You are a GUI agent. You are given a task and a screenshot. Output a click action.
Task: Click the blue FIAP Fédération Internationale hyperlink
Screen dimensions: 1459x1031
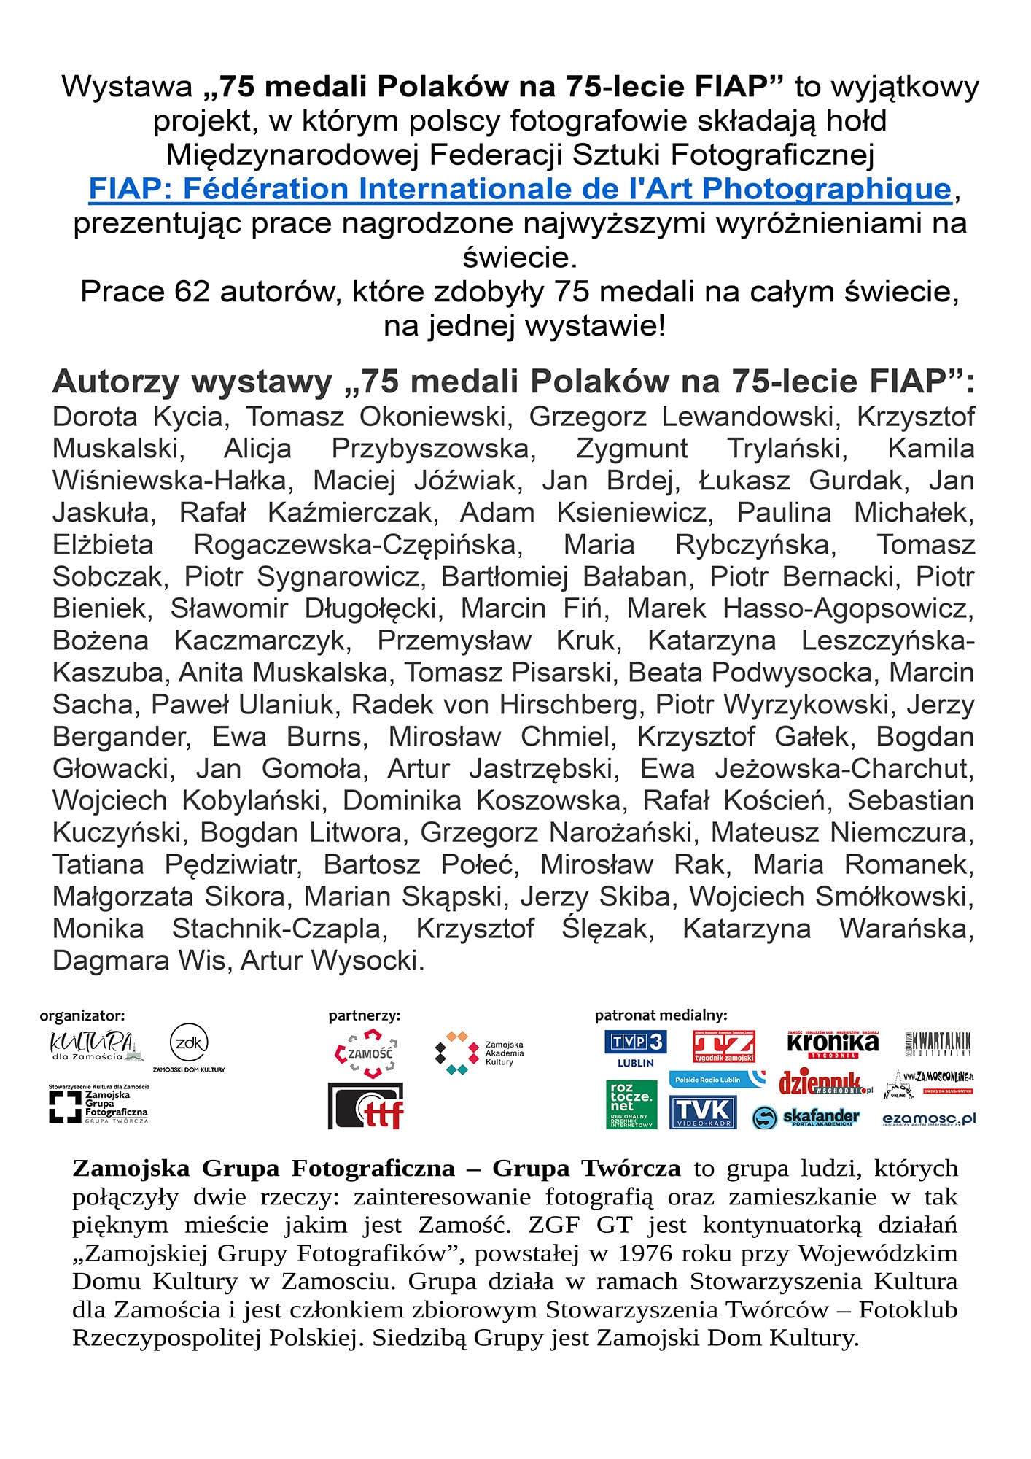point(520,189)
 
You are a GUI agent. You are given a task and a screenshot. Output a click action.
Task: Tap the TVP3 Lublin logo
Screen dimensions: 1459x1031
point(635,1048)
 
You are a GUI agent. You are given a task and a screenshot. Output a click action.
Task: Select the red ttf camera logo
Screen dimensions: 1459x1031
point(365,1106)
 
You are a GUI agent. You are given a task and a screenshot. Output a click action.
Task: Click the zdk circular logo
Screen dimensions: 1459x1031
point(189,1044)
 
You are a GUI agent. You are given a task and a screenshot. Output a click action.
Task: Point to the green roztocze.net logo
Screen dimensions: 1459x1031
point(631,1104)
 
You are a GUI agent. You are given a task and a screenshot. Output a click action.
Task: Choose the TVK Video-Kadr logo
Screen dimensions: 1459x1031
point(704,1112)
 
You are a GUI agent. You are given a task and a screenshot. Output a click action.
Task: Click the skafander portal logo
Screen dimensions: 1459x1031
point(806,1117)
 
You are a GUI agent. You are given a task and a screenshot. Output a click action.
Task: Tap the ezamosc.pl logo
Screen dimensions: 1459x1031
point(928,1118)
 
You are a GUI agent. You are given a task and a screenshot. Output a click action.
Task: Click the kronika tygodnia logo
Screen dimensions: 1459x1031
point(833,1044)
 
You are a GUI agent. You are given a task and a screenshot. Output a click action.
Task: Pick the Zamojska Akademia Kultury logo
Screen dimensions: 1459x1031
point(479,1053)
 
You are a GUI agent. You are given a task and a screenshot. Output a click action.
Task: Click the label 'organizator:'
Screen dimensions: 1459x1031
point(82,1015)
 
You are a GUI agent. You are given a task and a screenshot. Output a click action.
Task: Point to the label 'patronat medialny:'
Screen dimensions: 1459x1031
point(661,1015)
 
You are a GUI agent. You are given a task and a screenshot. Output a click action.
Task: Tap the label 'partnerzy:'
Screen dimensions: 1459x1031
point(364,1015)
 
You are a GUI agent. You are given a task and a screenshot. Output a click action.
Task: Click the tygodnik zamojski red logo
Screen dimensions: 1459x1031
point(723,1046)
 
